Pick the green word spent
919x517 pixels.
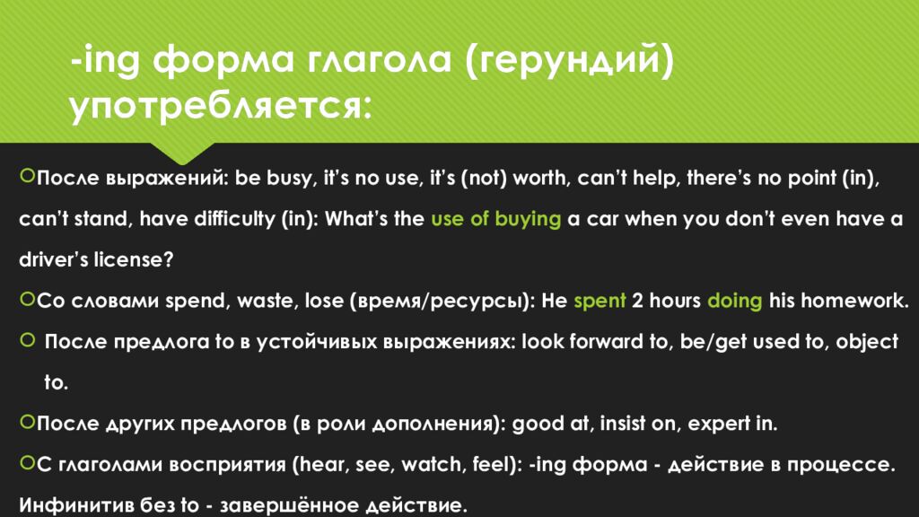(600, 301)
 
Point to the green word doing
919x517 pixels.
(734, 301)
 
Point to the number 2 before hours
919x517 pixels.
(636, 301)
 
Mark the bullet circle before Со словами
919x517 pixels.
(27, 299)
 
